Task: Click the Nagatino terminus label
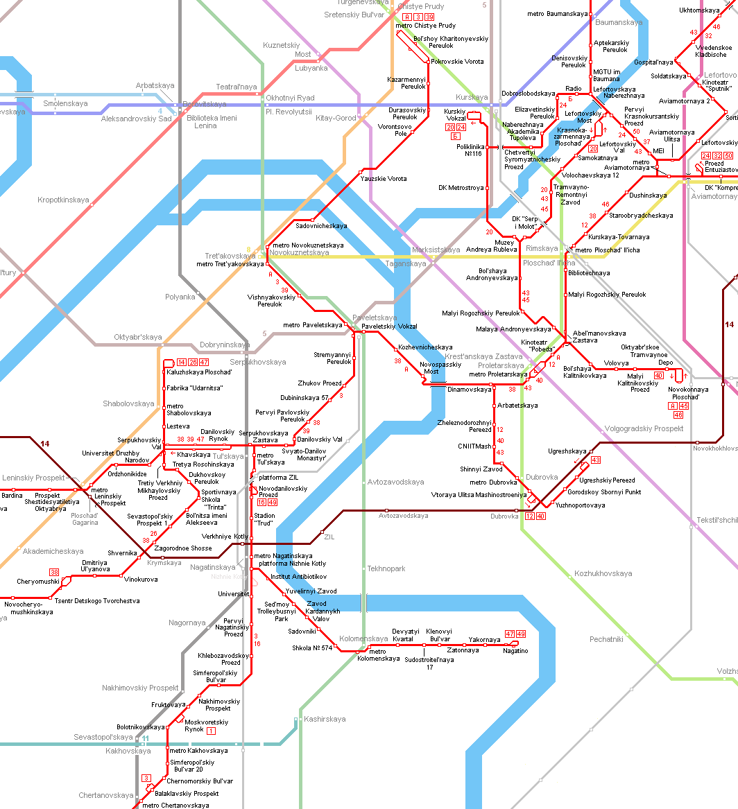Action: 515,651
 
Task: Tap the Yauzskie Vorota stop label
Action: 384,179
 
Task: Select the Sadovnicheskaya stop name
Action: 321,226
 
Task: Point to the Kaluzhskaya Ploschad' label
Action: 199,372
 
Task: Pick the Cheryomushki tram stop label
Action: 38,581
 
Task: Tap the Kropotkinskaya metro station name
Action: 63,200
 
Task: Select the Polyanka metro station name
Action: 180,297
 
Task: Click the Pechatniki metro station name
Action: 606,639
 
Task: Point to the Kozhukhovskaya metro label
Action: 603,573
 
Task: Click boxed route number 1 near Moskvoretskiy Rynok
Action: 212,731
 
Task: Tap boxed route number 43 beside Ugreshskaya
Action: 595,460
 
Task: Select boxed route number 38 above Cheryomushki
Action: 54,571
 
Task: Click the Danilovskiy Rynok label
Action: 218,435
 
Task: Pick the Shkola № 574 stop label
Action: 312,648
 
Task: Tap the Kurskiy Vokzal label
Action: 454,114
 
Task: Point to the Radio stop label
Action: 574,89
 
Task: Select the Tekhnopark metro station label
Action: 386,568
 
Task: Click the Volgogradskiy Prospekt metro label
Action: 644,428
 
